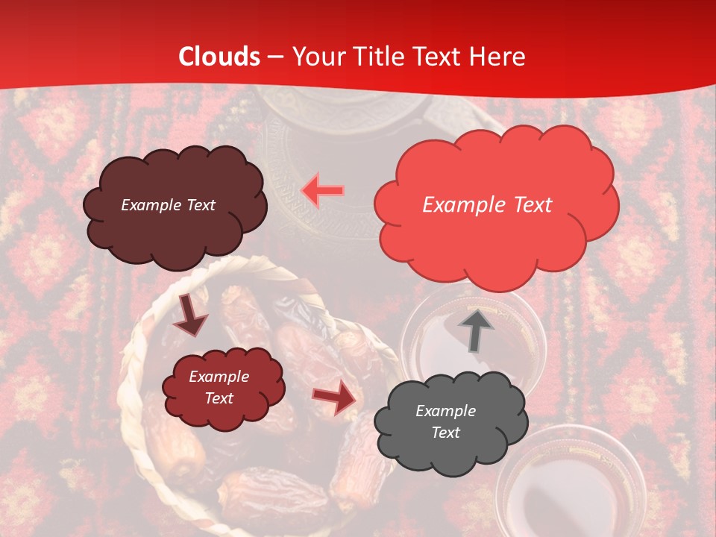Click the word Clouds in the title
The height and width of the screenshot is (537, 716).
(219, 57)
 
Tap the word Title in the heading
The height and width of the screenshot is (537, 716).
(380, 57)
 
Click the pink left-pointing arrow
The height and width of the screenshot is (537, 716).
(323, 191)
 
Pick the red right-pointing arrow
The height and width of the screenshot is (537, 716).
(335, 398)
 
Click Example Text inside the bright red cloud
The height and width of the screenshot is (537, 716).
(487, 205)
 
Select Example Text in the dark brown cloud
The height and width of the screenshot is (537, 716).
(168, 205)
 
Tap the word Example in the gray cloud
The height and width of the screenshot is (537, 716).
(445, 411)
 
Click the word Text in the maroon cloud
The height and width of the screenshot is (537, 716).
(219, 398)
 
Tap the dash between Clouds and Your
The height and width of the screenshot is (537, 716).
(274, 57)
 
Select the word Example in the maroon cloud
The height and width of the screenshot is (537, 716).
(219, 377)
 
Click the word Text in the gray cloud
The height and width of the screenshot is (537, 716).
(445, 433)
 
